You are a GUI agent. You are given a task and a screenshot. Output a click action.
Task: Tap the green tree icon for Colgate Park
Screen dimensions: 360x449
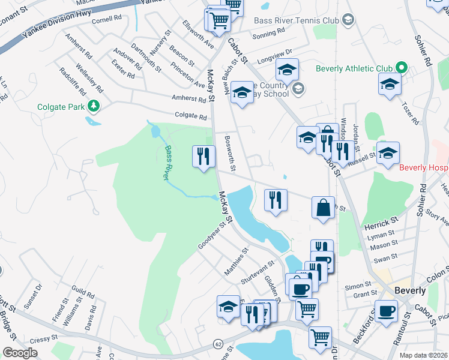coord(94,107)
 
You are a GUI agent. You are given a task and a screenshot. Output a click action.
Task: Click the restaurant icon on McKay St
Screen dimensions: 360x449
coord(203,157)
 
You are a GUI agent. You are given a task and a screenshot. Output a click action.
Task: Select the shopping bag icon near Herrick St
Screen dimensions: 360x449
coord(323,208)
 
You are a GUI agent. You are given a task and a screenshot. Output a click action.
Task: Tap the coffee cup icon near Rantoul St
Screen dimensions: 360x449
coord(386,311)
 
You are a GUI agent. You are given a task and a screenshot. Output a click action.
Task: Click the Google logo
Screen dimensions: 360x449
coord(20,353)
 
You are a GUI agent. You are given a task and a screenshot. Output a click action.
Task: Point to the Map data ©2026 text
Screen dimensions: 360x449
coord(424,355)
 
